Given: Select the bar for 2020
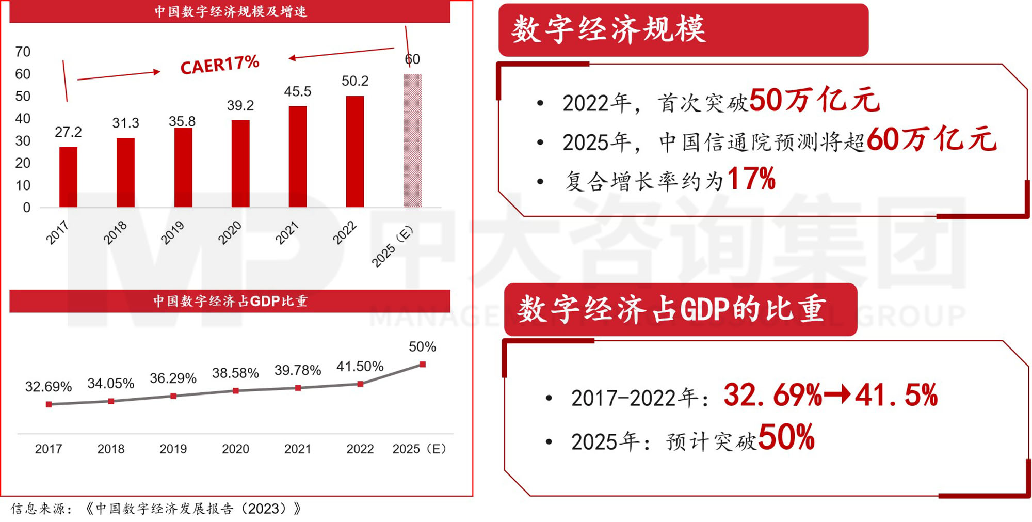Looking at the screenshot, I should (x=240, y=164).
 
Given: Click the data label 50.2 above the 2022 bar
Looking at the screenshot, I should (x=355, y=81).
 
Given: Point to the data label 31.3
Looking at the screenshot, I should (x=125, y=123).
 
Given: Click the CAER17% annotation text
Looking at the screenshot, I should (x=220, y=65).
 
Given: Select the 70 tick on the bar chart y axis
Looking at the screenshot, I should (x=23, y=52).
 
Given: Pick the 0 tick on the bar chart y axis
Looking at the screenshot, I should (x=27, y=208).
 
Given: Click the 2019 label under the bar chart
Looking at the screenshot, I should (x=172, y=233).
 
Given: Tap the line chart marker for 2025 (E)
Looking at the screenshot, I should (x=423, y=365).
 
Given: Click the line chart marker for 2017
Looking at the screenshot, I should (x=49, y=404).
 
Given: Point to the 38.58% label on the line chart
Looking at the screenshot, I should (x=235, y=373).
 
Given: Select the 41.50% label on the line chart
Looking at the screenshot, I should (x=360, y=367).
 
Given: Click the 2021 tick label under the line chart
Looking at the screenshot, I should (x=298, y=449).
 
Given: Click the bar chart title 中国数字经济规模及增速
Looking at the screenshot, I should (x=230, y=11).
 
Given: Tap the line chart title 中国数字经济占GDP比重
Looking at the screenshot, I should (x=230, y=301).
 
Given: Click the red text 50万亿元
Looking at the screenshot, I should (x=814, y=100).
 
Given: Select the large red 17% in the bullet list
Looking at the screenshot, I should (x=751, y=179).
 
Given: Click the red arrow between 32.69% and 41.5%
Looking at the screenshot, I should (x=837, y=396).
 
